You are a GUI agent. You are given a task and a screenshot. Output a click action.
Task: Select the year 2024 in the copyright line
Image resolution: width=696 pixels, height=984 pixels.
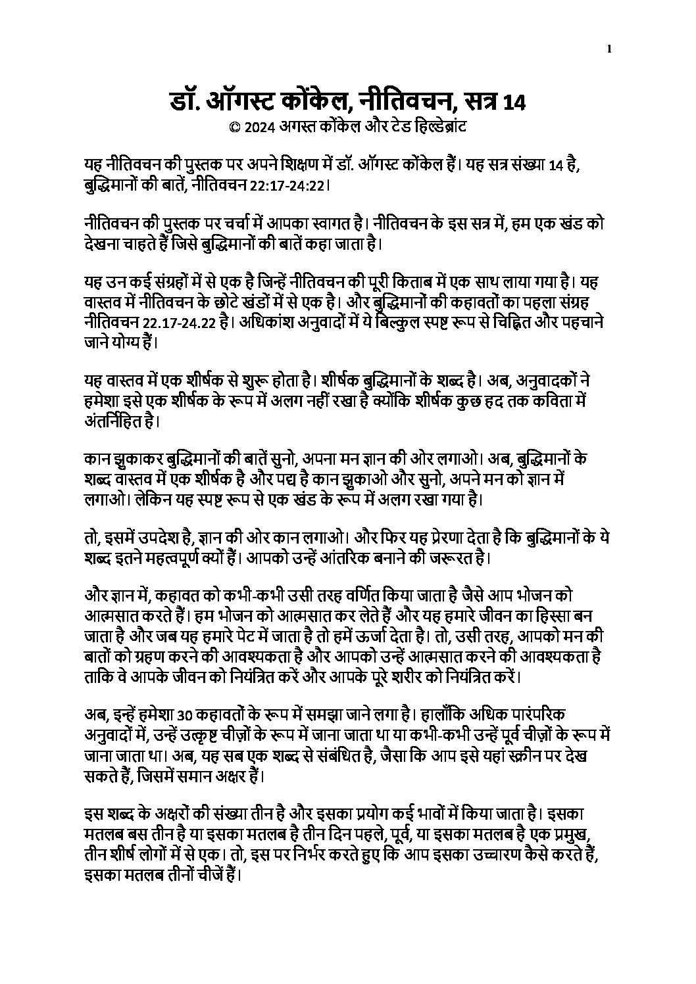pyautogui.click(x=257, y=128)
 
